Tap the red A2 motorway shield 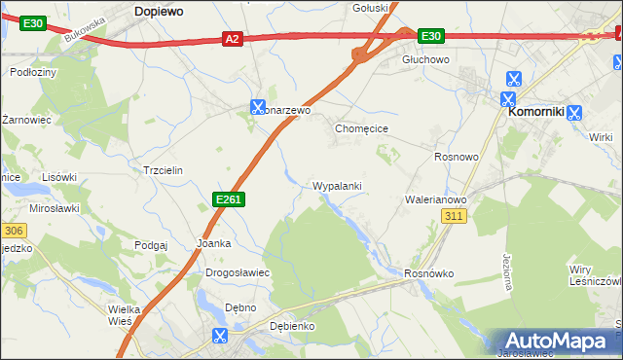[231, 39]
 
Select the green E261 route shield [228, 199]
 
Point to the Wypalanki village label [338, 185]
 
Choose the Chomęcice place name [362, 128]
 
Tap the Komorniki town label [536, 113]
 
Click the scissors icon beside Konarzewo [258, 106]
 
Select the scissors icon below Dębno [220, 337]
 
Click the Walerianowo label [436, 199]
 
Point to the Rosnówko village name [429, 273]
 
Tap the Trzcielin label [163, 169]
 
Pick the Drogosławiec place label [237, 273]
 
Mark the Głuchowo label [425, 59]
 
